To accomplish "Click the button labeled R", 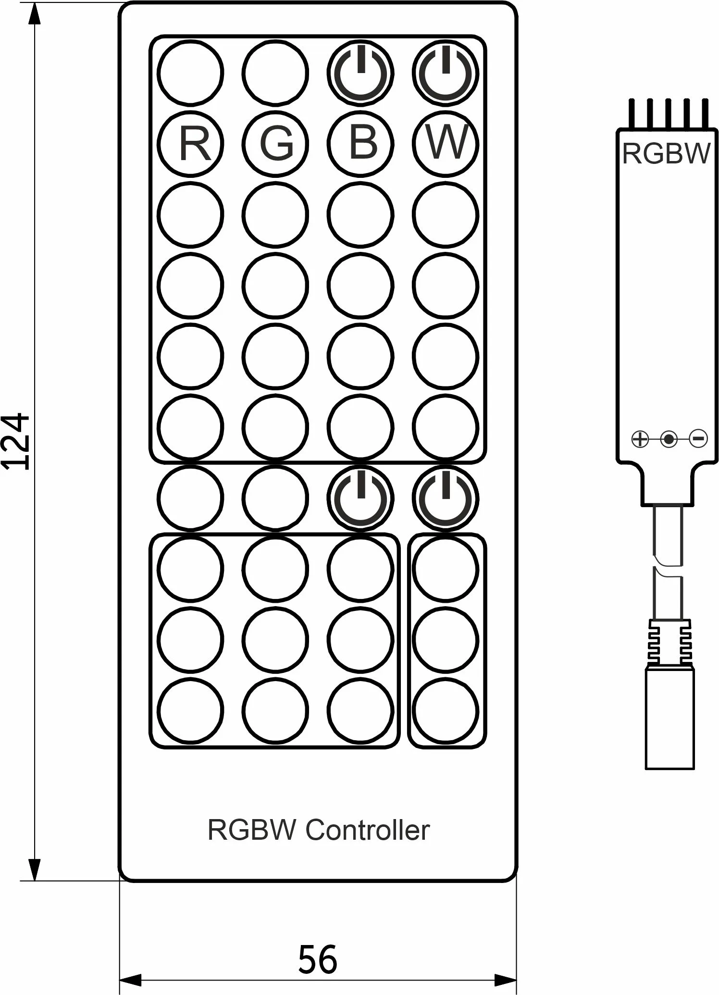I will [191, 144].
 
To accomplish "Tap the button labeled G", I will [275, 144].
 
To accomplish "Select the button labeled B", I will [360, 144].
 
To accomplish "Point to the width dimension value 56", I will [318, 959].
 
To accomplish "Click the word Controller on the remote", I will [367, 830].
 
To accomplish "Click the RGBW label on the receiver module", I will [666, 154].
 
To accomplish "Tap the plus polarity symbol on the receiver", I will [640, 439].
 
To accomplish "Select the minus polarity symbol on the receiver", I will [698, 438].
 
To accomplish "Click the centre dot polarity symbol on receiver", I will [669, 439].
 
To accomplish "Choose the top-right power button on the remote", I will [446, 73].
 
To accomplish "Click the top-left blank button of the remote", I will [191, 73].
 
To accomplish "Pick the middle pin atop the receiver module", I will [668, 113].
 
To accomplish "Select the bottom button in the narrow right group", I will [446, 710].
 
